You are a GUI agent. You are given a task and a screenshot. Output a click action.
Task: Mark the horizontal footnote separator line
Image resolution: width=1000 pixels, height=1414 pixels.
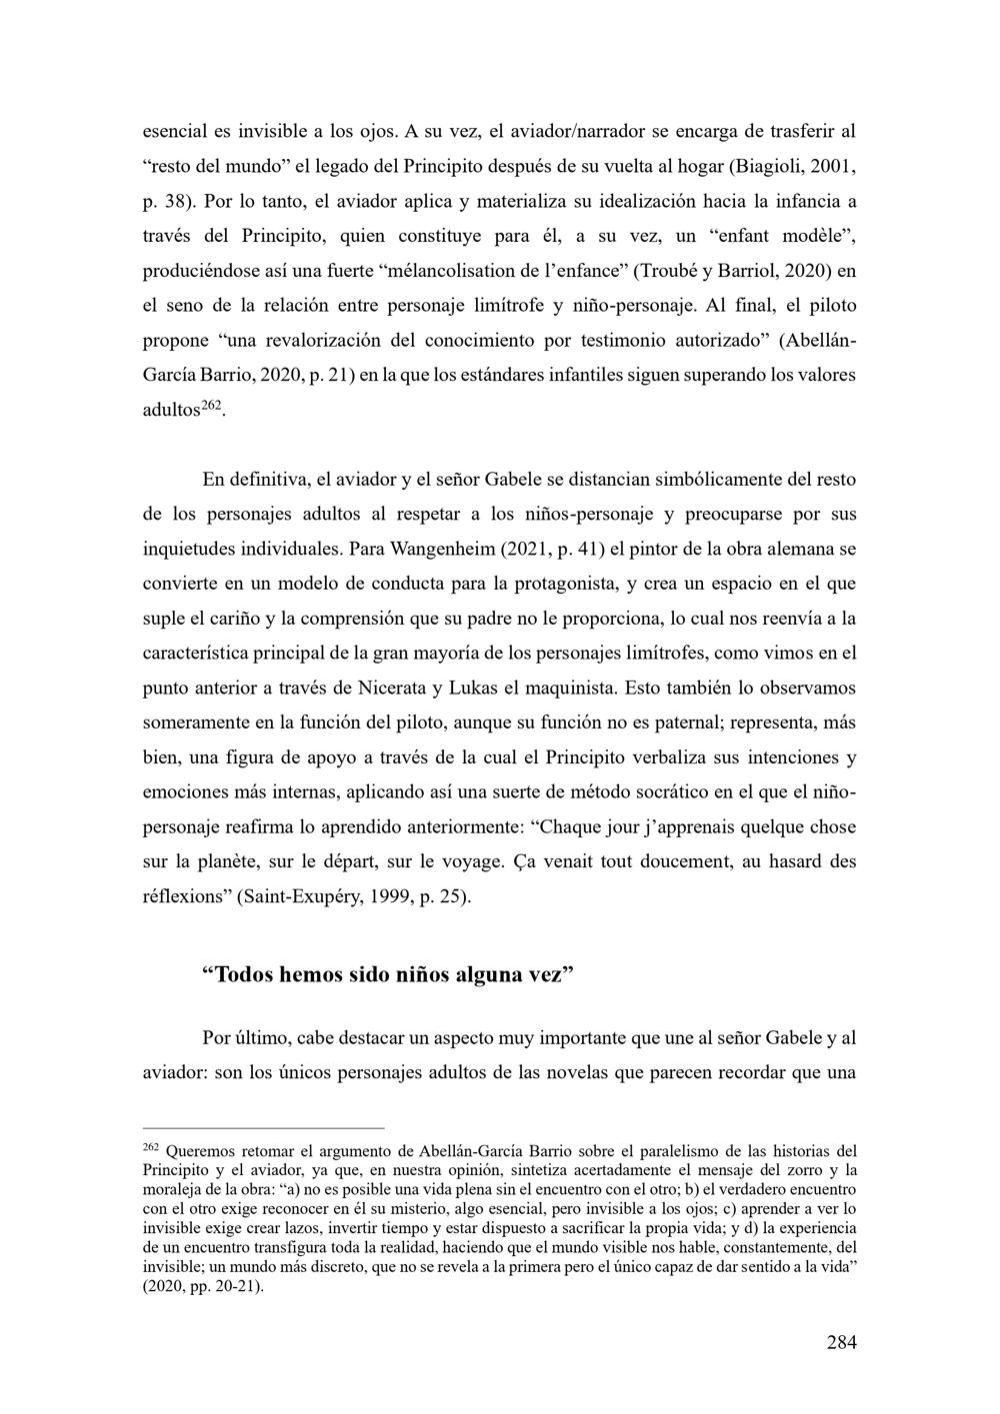(264, 1127)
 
